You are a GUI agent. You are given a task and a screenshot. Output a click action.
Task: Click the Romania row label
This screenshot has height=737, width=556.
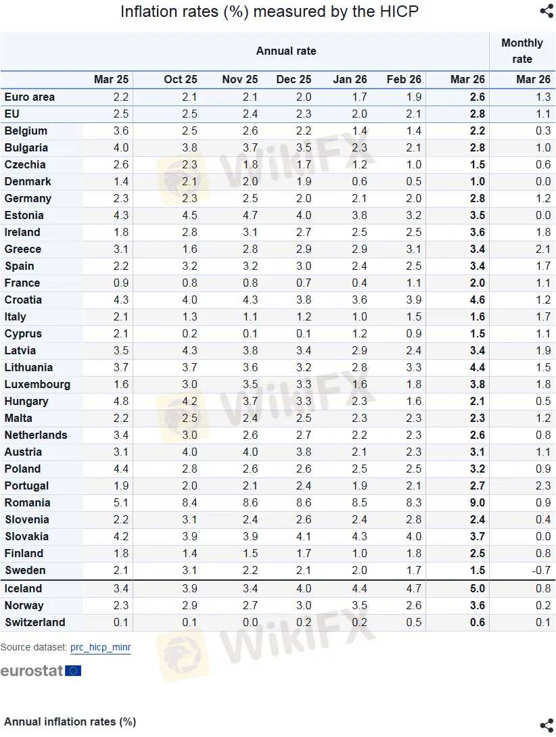click(28, 502)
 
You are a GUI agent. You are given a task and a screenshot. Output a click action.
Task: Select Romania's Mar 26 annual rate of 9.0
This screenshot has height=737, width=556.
click(477, 502)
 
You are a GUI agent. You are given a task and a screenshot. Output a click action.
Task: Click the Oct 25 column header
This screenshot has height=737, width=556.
click(181, 79)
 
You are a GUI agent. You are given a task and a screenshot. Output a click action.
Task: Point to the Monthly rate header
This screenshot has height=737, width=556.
click(522, 51)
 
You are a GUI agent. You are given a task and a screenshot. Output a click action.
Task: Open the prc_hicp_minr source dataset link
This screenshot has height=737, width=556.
click(100, 647)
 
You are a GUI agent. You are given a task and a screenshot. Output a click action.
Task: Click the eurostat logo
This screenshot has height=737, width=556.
click(41, 671)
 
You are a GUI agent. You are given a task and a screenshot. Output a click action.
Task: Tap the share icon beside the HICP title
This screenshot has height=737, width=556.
click(547, 11)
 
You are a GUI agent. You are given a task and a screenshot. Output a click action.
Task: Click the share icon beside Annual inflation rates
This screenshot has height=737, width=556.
click(547, 724)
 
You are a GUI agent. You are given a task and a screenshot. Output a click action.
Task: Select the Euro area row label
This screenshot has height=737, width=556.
click(30, 97)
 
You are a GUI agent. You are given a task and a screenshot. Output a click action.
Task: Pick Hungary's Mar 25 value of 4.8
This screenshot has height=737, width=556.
click(120, 401)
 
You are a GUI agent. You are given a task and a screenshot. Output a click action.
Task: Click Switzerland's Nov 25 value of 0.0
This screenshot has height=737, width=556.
click(250, 622)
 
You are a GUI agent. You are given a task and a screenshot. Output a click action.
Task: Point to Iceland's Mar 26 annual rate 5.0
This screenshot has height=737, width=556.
click(477, 588)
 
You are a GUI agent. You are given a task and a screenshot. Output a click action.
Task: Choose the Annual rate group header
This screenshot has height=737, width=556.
click(285, 51)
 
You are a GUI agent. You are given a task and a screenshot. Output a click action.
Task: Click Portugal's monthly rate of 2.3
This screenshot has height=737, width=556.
click(542, 485)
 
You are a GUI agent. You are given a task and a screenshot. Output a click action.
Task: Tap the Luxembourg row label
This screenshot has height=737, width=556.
click(38, 384)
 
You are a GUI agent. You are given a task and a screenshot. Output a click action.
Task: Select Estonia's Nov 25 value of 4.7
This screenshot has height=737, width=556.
click(250, 215)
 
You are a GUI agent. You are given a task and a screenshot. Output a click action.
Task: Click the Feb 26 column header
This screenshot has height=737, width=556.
click(404, 79)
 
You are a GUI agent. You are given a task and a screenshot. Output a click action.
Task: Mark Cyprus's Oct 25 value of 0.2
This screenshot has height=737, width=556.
click(189, 333)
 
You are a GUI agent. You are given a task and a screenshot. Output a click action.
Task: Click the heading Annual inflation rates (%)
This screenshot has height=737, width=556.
click(70, 721)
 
